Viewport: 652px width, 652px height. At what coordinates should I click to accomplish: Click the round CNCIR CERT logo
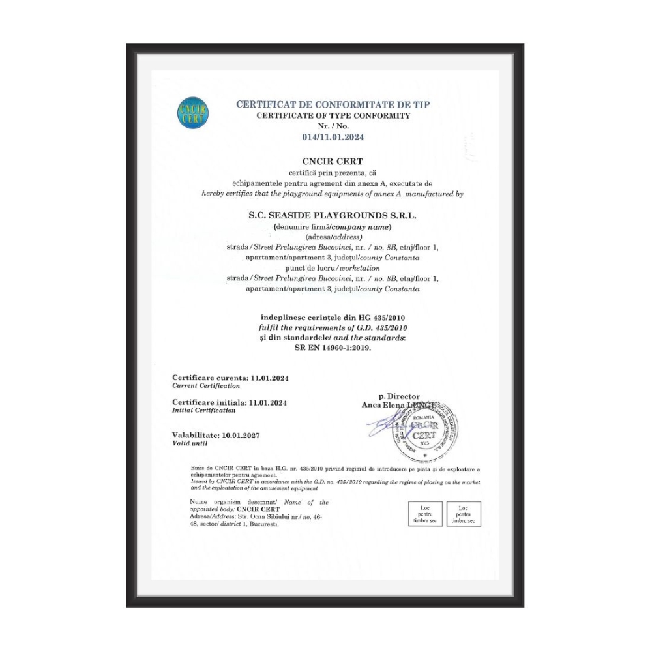coord(192,115)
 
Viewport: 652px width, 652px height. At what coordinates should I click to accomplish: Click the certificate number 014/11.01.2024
coord(333,137)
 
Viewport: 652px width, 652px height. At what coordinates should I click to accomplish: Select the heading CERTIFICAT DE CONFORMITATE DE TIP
coord(333,104)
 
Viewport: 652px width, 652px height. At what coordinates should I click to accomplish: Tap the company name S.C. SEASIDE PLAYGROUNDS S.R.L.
coord(333,215)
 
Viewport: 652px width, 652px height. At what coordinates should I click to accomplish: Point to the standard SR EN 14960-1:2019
coord(333,348)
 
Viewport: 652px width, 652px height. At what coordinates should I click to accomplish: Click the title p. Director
coord(399,396)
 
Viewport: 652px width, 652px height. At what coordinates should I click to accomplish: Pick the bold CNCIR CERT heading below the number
coord(333,160)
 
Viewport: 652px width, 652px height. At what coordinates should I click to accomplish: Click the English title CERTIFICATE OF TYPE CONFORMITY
coord(333,115)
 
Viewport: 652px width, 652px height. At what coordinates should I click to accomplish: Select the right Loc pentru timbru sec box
coord(464,514)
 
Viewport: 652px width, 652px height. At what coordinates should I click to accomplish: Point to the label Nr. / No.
coord(333,125)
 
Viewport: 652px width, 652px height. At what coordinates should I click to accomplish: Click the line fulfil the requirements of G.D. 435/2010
coord(333,327)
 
